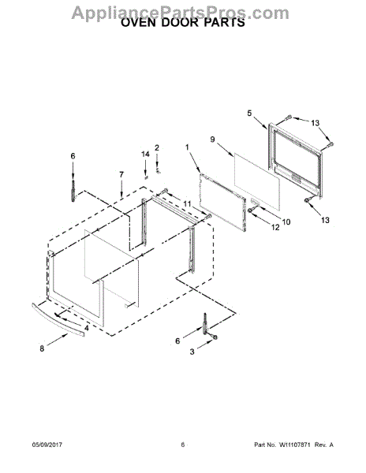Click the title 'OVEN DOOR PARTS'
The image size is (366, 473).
[183, 23]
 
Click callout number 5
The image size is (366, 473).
[249, 113]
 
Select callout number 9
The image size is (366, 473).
[212, 140]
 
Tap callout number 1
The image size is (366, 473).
[187, 147]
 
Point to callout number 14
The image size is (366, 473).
[145, 155]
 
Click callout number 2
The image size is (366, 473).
[157, 148]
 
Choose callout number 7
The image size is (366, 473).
[121, 174]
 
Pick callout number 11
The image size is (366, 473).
[188, 204]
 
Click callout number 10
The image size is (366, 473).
[286, 222]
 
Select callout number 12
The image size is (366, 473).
[275, 227]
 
